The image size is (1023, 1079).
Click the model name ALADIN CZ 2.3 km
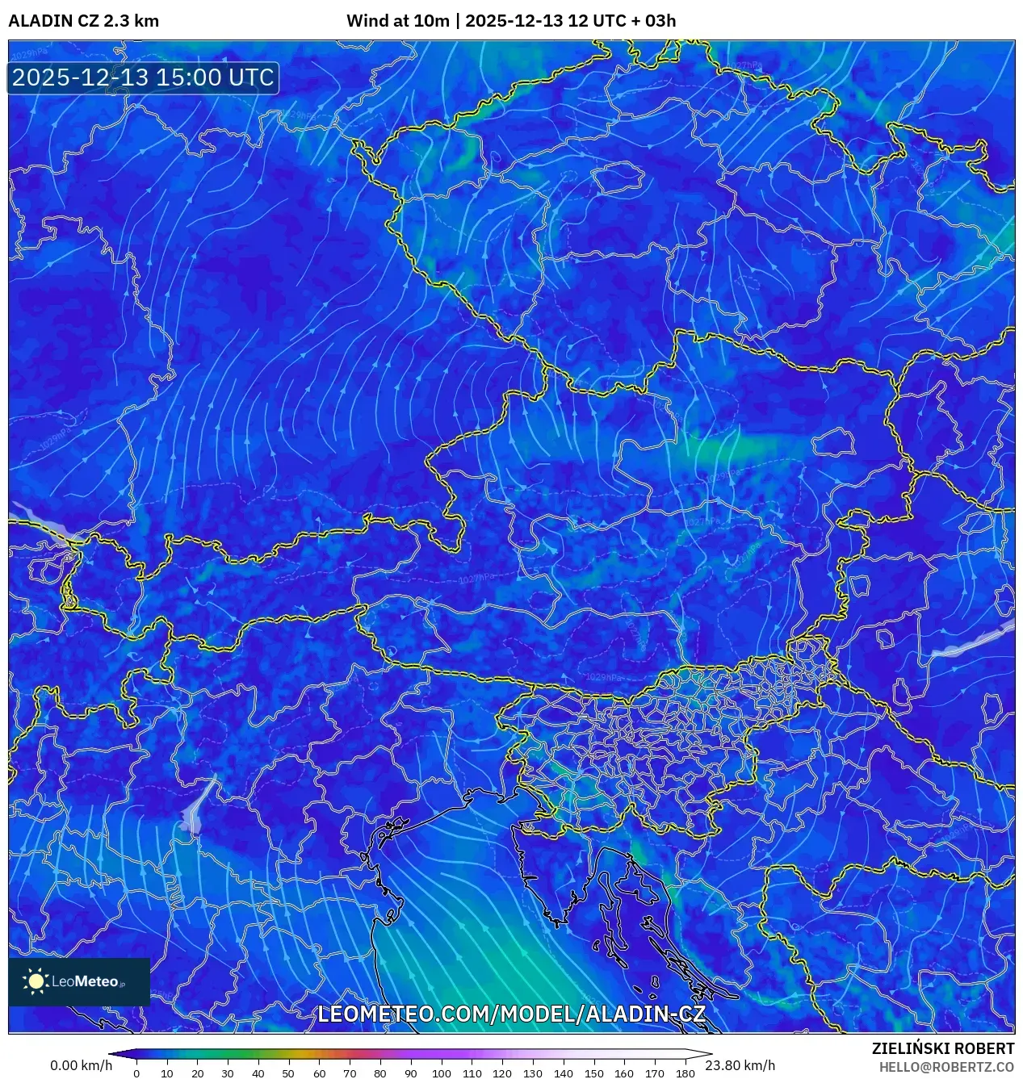[83, 21]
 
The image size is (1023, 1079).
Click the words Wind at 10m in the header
[397, 21]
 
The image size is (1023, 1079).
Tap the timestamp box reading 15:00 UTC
[143, 77]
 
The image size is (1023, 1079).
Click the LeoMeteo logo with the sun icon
[78, 981]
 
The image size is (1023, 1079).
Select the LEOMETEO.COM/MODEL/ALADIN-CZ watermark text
[511, 1014]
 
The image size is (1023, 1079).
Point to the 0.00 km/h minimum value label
[81, 1065]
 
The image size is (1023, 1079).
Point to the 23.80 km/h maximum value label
[740, 1065]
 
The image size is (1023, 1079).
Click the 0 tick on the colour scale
[136, 1073]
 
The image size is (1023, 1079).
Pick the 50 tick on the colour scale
[288, 1073]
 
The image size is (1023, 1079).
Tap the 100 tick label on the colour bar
[441, 1073]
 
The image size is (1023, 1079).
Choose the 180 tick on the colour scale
[685, 1073]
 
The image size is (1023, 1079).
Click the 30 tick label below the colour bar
[228, 1073]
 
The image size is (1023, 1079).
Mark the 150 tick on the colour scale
[593, 1073]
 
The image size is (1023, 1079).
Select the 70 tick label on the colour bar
[350, 1073]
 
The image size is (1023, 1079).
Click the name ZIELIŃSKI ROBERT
[942, 1048]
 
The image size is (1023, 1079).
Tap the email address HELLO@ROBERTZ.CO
[946, 1067]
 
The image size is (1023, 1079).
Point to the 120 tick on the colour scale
[502, 1073]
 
